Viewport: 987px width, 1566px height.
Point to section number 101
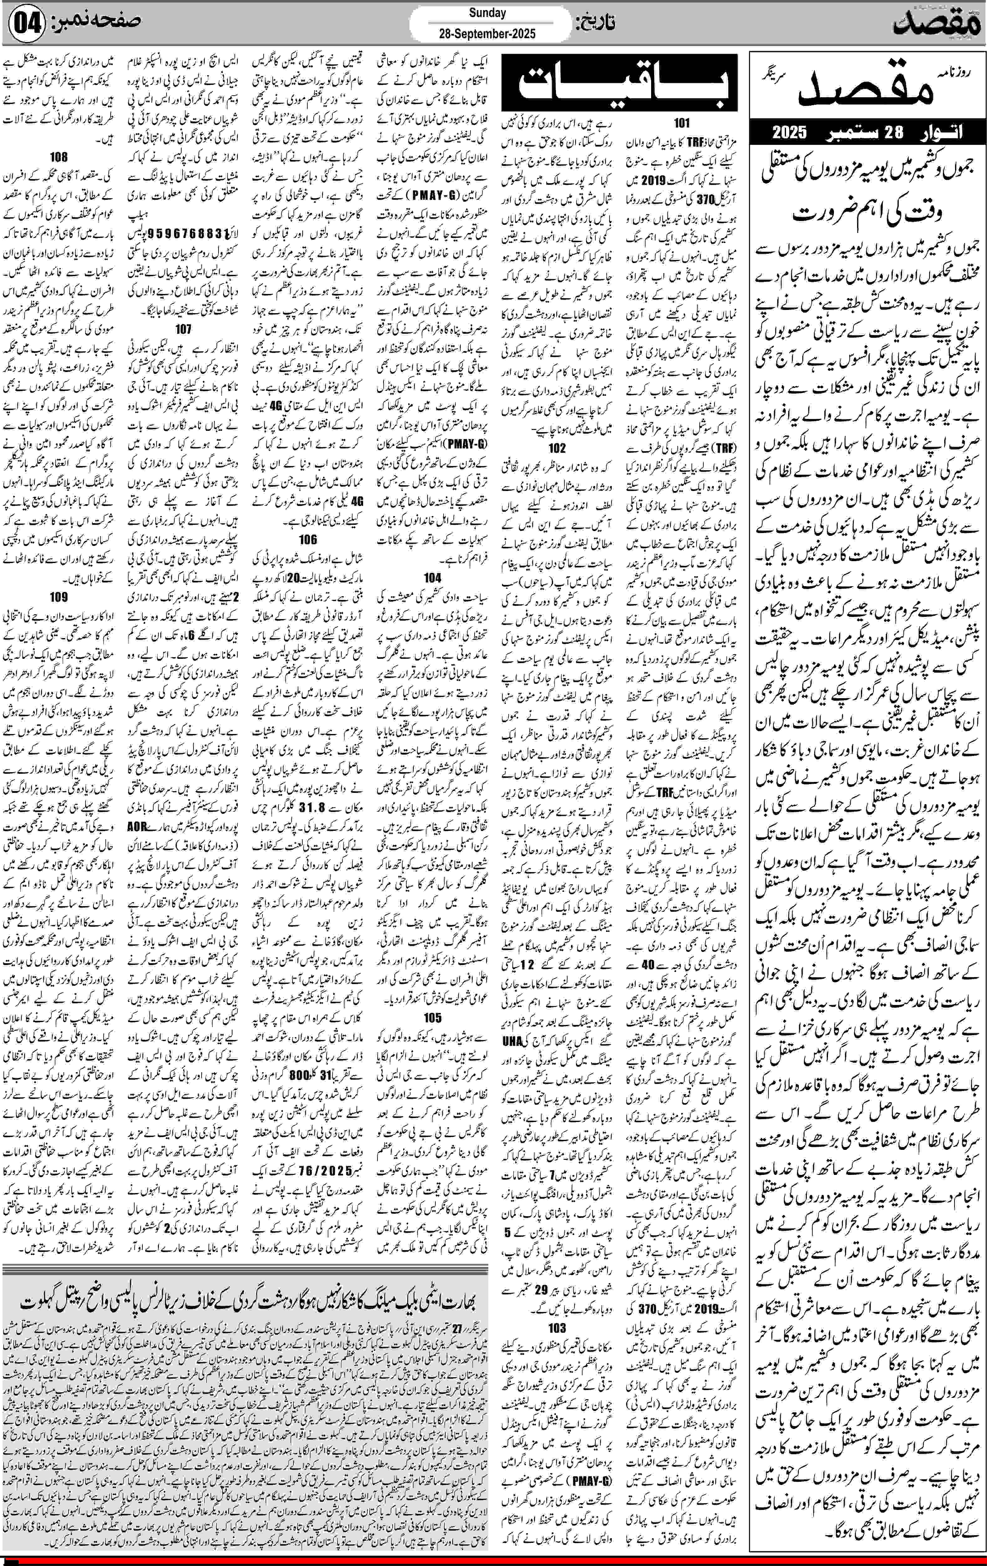[681, 123]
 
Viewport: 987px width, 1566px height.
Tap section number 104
[432, 577]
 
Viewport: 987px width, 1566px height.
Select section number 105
[432, 1017]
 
